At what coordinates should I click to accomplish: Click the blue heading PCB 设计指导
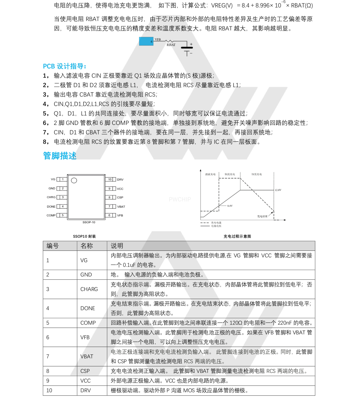click(x=64, y=66)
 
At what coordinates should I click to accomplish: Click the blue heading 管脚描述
click(x=59, y=156)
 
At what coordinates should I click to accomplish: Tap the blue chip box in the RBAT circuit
click(x=146, y=41)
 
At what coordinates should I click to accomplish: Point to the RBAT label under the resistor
click(x=171, y=45)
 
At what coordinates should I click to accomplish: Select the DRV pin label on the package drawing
click(x=120, y=180)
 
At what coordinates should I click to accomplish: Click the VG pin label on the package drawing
click(x=53, y=179)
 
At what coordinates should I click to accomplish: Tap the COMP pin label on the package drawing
click(x=51, y=216)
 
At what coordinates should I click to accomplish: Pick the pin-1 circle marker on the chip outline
click(x=74, y=181)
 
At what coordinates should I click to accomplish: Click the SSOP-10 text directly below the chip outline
click(x=89, y=222)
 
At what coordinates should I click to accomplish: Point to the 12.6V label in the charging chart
click(x=278, y=190)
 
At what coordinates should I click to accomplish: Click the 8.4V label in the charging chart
click(x=230, y=206)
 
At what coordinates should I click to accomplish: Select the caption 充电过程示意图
click(x=237, y=236)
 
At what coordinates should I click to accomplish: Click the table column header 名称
click(x=87, y=246)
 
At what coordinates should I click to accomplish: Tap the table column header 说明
click(x=117, y=246)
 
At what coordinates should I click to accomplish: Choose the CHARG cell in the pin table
click(x=89, y=289)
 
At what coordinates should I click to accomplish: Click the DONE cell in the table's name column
click(x=88, y=308)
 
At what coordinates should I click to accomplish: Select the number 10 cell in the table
click(x=49, y=390)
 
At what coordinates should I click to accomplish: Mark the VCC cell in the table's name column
click(x=85, y=381)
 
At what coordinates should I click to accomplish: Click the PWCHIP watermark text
click(x=180, y=199)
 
